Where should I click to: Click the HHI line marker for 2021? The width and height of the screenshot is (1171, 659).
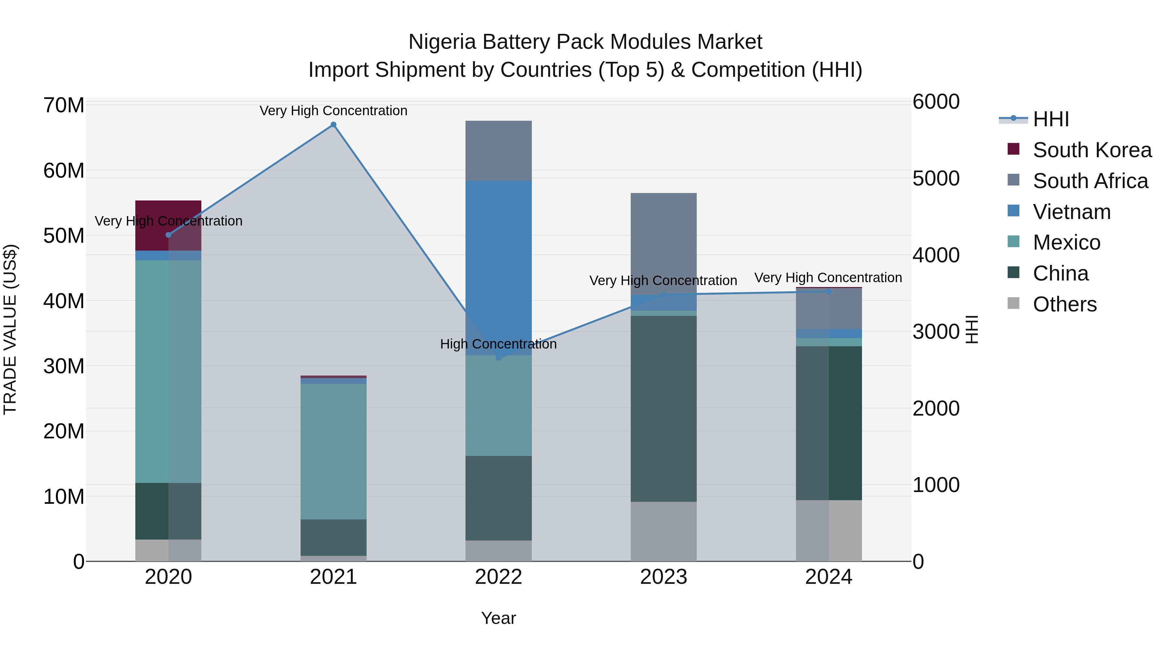pyautogui.click(x=333, y=125)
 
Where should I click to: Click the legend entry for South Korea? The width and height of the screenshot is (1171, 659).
pyautogui.click(x=1091, y=150)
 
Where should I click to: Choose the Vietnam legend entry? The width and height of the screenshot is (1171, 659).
pyautogui.click(x=1071, y=212)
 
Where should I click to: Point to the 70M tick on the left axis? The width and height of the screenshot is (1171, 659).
pyautogui.click(x=64, y=105)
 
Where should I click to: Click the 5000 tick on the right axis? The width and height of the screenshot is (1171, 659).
pyautogui.click(x=936, y=178)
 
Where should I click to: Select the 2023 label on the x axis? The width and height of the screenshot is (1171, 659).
pyautogui.click(x=663, y=577)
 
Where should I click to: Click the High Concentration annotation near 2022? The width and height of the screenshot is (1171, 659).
pyautogui.click(x=498, y=344)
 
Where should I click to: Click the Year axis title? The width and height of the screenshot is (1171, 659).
pyautogui.click(x=498, y=618)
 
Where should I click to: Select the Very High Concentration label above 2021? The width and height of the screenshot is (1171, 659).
pyautogui.click(x=333, y=111)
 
